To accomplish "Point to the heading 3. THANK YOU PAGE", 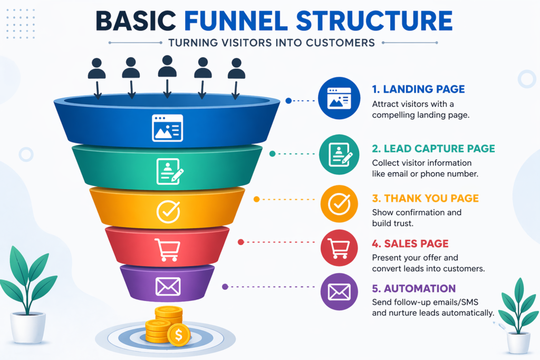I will [x=425, y=199].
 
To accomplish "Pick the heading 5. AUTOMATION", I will [x=413, y=288].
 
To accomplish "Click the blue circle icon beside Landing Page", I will [x=339, y=98].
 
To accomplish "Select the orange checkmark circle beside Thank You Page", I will [x=339, y=203].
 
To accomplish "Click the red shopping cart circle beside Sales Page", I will [x=339, y=248].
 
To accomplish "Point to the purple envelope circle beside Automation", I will [x=339, y=291].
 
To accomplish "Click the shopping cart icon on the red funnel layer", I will [x=167, y=249].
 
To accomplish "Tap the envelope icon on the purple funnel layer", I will [x=168, y=287].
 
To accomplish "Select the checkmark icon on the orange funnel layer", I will [x=168, y=212].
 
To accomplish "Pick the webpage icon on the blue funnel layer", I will [x=167, y=128].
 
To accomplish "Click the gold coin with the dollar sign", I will [x=178, y=334].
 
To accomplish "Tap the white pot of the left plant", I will [x=28, y=326].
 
